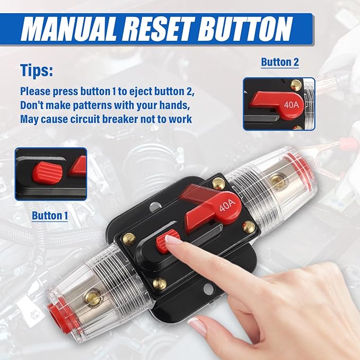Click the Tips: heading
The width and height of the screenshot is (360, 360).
[37, 71]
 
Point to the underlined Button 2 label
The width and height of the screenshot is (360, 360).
[280, 62]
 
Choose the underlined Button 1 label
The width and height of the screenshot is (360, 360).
[50, 216]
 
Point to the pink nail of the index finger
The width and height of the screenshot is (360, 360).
[173, 240]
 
